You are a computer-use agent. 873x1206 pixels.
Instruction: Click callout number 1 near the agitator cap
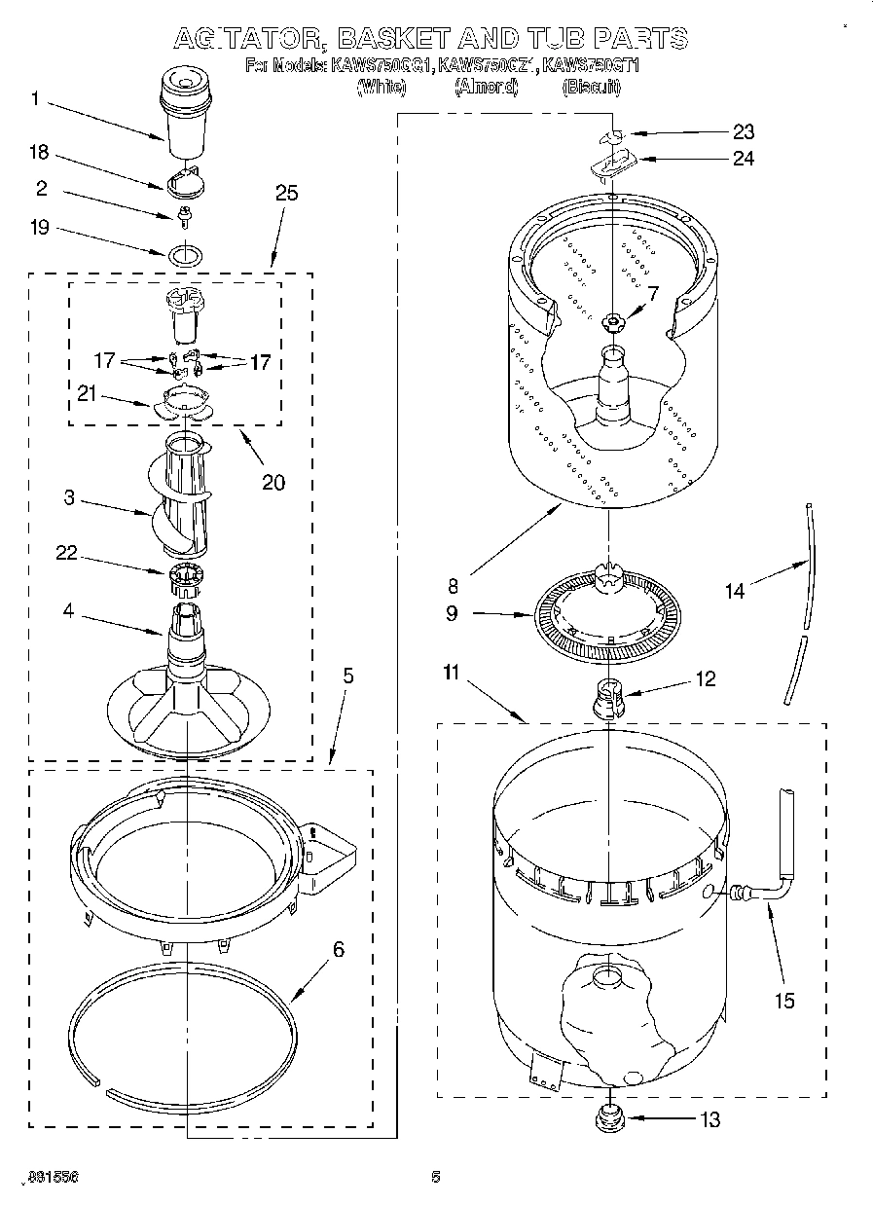[x=36, y=98]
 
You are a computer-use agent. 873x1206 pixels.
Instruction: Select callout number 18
[x=38, y=153]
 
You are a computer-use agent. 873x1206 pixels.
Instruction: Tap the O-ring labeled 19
[x=186, y=255]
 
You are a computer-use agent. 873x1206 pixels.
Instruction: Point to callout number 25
[x=286, y=193]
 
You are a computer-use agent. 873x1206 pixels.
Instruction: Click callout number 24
[x=742, y=158]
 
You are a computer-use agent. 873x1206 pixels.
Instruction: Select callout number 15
[x=783, y=1001]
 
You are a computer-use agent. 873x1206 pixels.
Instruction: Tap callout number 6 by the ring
[x=338, y=950]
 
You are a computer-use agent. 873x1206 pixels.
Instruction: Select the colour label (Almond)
[x=486, y=87]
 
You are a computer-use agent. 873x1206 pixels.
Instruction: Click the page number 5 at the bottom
[x=436, y=1177]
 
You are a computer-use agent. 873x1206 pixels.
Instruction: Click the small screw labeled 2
[x=184, y=212]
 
